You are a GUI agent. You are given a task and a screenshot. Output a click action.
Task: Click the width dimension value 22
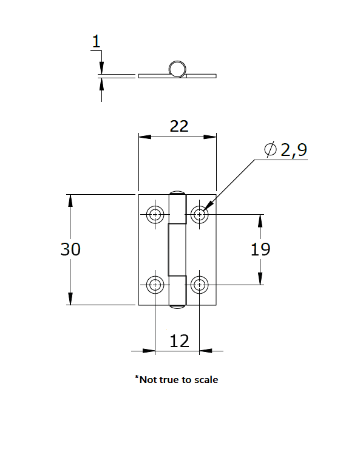coord(179,126)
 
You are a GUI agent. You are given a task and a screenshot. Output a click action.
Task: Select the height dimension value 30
coord(70,249)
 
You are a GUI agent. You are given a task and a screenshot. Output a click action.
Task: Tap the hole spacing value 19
coord(260,249)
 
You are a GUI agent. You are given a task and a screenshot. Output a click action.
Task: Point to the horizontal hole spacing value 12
coord(179,341)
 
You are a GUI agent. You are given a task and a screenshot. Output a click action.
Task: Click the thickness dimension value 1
coord(96,42)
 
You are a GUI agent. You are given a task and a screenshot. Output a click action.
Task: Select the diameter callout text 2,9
coord(294,151)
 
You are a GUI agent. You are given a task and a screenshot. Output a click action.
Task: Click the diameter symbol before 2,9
coord(271,149)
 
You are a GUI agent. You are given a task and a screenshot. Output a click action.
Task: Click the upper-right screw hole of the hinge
coord(199,214)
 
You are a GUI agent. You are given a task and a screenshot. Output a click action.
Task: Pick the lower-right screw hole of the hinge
coord(199,284)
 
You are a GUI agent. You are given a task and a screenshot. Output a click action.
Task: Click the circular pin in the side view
coord(177,69)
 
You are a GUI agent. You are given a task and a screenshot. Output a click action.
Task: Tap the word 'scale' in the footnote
coord(205,380)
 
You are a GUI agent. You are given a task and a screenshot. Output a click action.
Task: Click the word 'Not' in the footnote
coord(147,380)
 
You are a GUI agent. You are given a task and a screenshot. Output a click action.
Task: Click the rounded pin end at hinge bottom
coord(177,307)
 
